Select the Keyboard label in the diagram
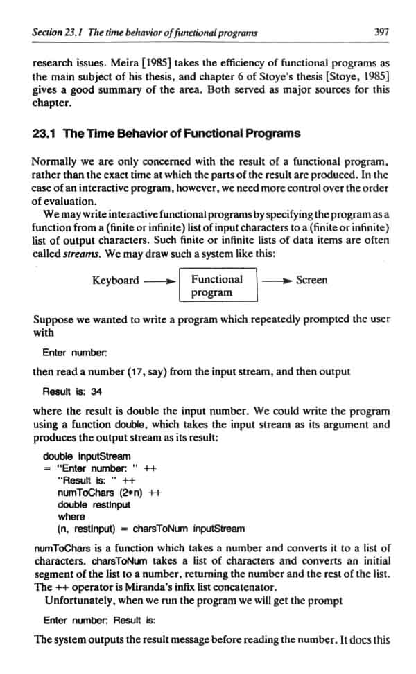coord(115,281)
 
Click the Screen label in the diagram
coord(312,281)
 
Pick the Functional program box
coord(217,286)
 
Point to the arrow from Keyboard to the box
coord(159,281)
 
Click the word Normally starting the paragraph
coord(56,161)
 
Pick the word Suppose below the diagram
coord(54,319)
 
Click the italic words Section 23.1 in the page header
coord(57,31)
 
